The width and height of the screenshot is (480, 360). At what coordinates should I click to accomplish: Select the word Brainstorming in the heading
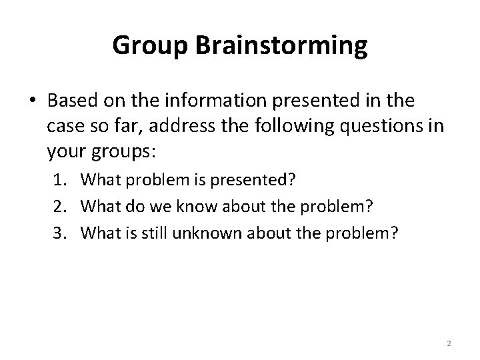point(281,45)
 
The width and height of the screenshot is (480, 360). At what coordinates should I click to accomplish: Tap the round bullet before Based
point(33,101)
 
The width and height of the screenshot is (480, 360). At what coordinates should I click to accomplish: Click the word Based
point(72,101)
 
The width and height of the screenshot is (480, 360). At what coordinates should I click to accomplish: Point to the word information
point(207,101)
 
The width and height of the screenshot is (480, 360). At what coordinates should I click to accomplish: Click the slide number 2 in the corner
point(449,343)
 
